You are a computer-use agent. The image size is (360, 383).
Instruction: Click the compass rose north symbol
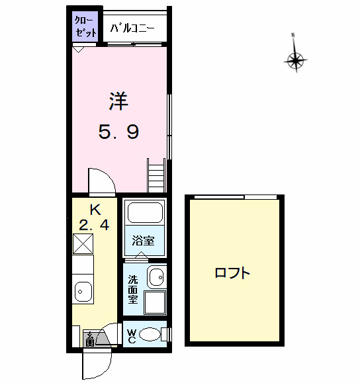[295, 61]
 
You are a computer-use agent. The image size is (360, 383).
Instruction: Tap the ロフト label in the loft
[232, 273]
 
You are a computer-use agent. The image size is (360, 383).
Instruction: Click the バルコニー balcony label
[132, 28]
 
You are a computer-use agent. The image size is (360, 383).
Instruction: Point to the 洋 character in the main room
[118, 101]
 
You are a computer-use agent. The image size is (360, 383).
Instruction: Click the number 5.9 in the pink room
[118, 133]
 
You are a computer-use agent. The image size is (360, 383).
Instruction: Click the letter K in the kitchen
[95, 210]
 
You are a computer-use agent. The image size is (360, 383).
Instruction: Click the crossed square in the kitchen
[84, 244]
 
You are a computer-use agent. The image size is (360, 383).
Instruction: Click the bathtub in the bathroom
[143, 213]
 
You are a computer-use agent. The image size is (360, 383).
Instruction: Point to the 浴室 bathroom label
[143, 241]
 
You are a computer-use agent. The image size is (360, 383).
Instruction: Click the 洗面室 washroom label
[133, 288]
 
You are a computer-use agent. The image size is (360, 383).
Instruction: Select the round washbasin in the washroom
[156, 277]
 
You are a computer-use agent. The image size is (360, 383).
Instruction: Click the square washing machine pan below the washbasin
[156, 302]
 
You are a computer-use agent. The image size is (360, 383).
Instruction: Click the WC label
[131, 336]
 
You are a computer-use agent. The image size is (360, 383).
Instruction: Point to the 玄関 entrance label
[89, 339]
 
